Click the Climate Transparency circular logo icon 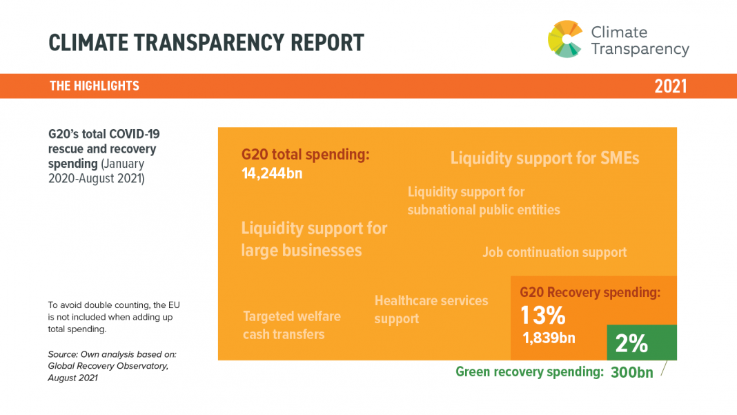tap(565, 39)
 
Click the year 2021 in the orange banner tap(670, 86)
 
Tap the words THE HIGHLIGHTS tap(95, 86)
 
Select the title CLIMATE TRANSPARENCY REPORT tap(206, 43)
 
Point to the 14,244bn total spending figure tap(272, 173)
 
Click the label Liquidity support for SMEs tap(544, 158)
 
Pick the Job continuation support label tap(554, 252)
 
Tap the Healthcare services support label tap(431, 309)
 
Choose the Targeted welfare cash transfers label tap(291, 325)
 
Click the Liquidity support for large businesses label tap(314, 239)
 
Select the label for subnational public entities tap(483, 200)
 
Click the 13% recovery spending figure tap(543, 316)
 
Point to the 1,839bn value tap(549, 338)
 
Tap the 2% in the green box tap(631, 343)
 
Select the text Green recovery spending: tap(529, 372)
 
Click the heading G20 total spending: tap(306, 155)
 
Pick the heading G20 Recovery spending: tap(590, 292)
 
